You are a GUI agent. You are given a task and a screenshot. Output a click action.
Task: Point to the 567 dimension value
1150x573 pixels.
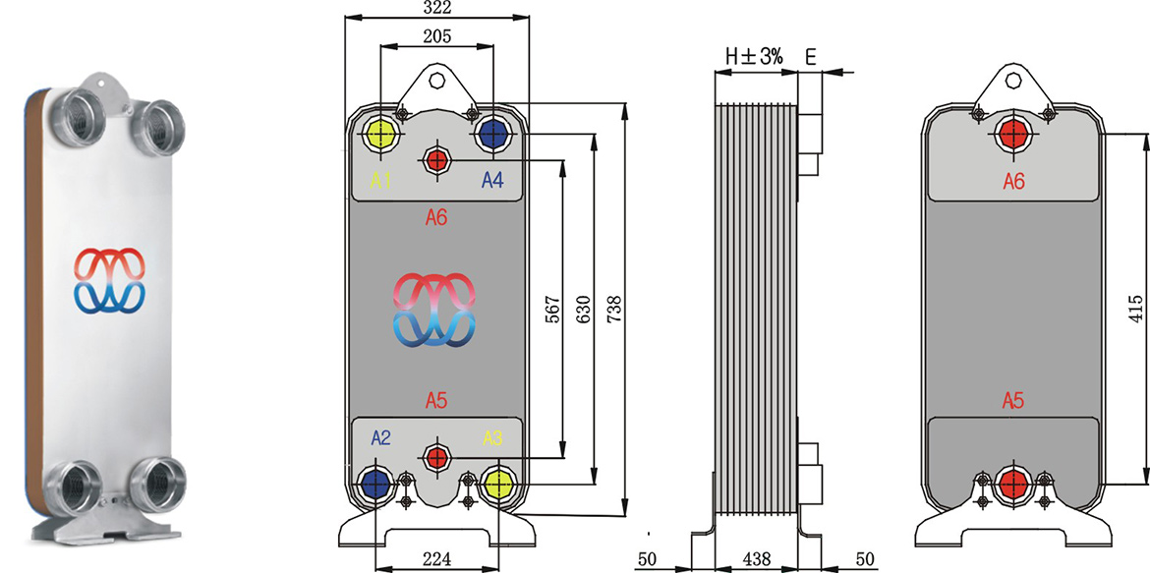(551, 310)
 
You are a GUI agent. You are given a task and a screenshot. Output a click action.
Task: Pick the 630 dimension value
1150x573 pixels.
(582, 310)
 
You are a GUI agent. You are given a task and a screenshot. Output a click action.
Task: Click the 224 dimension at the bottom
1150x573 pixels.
(436, 556)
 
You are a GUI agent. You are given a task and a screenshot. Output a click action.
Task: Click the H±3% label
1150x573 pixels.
(754, 57)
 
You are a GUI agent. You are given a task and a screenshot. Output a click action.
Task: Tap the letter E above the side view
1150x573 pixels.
(810, 57)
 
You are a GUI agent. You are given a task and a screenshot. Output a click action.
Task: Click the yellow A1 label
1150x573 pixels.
(380, 180)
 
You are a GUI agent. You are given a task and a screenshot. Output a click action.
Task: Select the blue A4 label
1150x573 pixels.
(492, 180)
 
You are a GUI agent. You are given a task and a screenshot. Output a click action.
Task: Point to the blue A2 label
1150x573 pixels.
(380, 437)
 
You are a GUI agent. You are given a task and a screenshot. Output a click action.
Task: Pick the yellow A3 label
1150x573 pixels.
(492, 437)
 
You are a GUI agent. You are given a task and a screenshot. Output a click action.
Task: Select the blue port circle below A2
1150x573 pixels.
(374, 483)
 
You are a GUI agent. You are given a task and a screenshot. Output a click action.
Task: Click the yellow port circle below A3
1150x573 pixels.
(498, 483)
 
